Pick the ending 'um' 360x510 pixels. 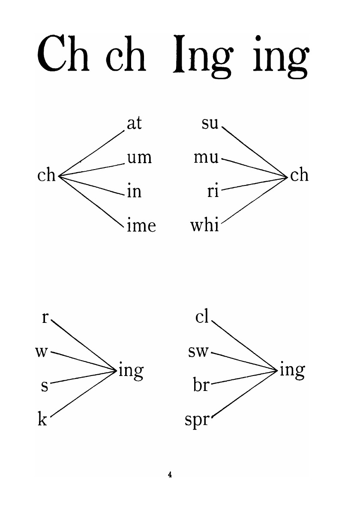[139, 158]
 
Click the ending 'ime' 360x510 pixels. [141, 225]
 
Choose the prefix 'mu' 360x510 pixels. [206, 158]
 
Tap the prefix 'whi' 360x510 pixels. [204, 224]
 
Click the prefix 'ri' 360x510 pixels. [213, 191]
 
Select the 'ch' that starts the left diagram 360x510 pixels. [47, 175]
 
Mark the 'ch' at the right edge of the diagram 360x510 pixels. [299, 175]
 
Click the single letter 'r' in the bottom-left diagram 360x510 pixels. [45, 318]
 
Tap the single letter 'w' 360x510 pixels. [42, 352]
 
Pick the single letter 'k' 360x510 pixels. [42, 420]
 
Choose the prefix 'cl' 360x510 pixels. [201, 317]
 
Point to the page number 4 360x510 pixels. [170, 474]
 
